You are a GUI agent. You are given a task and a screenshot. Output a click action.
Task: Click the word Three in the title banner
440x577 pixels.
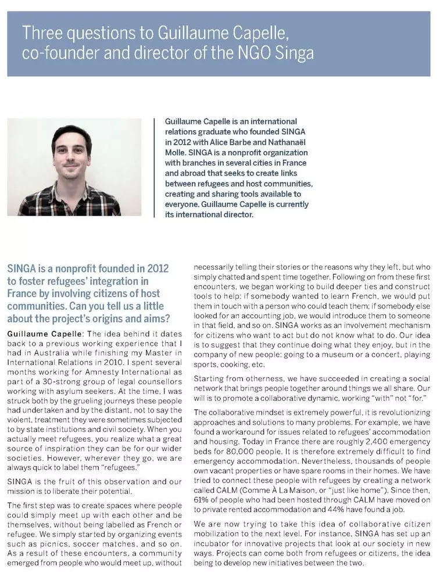click(x=41, y=33)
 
